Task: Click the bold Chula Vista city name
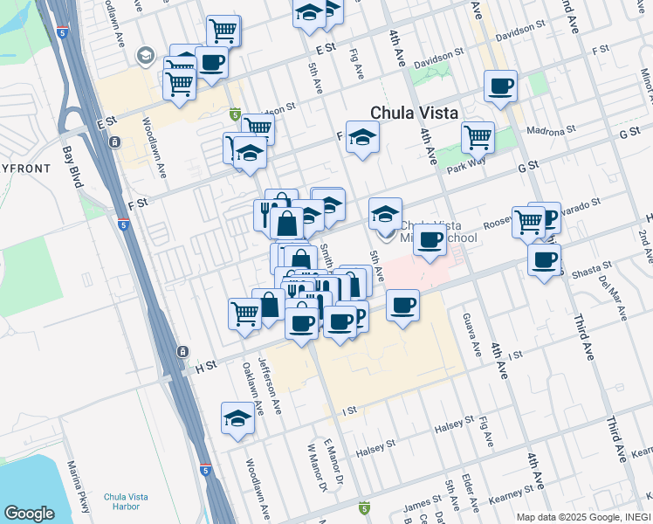(421, 113)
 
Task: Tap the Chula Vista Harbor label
(127, 502)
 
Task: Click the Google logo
(29, 514)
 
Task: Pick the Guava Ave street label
(472, 334)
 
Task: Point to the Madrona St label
(552, 130)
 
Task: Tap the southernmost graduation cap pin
(237, 419)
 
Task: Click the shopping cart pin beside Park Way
(478, 135)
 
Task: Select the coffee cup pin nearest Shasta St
(544, 259)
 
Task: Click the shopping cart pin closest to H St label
(245, 312)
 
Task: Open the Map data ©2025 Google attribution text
(580, 516)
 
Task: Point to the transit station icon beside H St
(182, 351)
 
